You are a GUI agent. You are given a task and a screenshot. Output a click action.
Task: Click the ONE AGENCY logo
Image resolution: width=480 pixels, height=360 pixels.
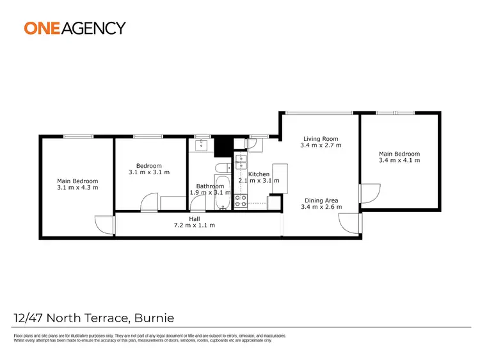75,28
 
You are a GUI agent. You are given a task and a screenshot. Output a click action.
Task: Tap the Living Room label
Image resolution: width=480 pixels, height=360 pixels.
321,138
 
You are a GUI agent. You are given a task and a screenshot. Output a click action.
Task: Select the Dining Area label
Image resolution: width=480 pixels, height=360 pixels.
321,200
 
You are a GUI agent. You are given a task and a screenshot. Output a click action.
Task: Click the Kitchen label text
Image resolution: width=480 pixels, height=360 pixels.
259,174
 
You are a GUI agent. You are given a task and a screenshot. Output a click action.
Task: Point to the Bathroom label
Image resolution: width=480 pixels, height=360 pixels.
210,186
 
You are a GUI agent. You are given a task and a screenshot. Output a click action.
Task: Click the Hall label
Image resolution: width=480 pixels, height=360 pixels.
194,218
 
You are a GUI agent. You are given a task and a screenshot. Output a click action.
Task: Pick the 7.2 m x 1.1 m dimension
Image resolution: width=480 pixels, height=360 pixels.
194,225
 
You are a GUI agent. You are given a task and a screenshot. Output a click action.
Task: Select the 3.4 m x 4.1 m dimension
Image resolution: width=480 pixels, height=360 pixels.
399,160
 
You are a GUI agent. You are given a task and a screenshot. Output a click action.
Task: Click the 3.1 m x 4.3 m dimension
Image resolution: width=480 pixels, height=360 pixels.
77,187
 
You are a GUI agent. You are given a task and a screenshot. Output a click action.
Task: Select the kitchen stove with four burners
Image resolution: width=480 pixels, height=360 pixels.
241,201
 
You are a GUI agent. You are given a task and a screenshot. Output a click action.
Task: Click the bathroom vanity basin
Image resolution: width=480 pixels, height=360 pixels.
202,144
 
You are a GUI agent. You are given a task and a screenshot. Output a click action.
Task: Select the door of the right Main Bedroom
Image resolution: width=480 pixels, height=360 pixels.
367,193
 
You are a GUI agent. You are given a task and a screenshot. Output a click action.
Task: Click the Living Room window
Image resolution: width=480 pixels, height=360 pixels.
318,113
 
